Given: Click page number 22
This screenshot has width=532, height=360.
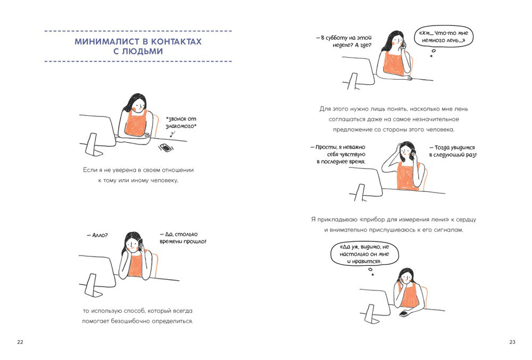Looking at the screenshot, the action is pyautogui.click(x=20, y=342).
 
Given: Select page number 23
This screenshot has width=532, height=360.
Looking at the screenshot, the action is pyautogui.click(x=512, y=342).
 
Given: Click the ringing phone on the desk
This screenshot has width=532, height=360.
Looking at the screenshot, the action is pyautogui.click(x=166, y=148).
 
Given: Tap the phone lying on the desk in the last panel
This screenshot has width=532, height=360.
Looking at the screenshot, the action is pyautogui.click(x=404, y=314).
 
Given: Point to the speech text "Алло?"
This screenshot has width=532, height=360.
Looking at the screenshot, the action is pyautogui.click(x=97, y=235).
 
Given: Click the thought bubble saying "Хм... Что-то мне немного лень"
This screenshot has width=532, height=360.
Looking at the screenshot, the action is pyautogui.click(x=443, y=37).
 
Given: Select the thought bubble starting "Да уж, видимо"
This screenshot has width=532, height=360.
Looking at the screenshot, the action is pyautogui.click(x=364, y=254).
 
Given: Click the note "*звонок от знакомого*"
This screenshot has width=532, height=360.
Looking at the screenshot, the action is pyautogui.click(x=181, y=122).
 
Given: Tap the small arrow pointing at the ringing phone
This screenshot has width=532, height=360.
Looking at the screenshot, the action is pyautogui.click(x=173, y=134).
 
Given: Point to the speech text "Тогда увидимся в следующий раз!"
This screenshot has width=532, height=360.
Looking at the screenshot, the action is pyautogui.click(x=453, y=151).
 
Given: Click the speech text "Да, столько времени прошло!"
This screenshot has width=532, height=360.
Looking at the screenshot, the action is pyautogui.click(x=183, y=238).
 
